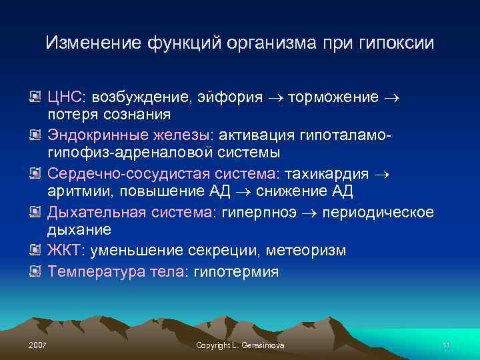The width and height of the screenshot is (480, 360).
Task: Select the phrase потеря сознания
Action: pyautogui.click(x=109, y=115)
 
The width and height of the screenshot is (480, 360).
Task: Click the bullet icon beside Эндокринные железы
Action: pyautogui.click(x=36, y=137)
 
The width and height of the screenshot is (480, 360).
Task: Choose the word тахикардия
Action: pyautogui.click(x=327, y=174)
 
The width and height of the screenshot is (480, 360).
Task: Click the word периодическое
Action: pyautogui.click(x=380, y=212)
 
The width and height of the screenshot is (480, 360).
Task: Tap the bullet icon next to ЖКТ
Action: pyautogui.click(x=36, y=251)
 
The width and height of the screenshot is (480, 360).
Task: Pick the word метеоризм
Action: pyautogui.click(x=306, y=251)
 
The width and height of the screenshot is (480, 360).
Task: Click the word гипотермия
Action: pyautogui.click(x=237, y=271)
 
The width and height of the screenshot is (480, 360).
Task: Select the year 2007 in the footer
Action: pyautogui.click(x=39, y=345)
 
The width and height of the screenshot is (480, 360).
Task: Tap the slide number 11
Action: pyautogui.click(x=446, y=345)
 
